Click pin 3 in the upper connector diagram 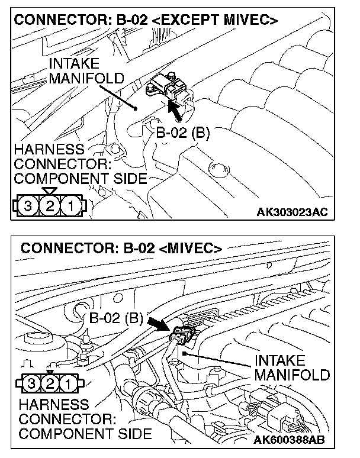pos(27,207)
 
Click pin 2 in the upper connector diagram pos(50,207)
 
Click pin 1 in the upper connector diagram pos(70,207)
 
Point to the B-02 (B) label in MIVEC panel pos(117,318)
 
